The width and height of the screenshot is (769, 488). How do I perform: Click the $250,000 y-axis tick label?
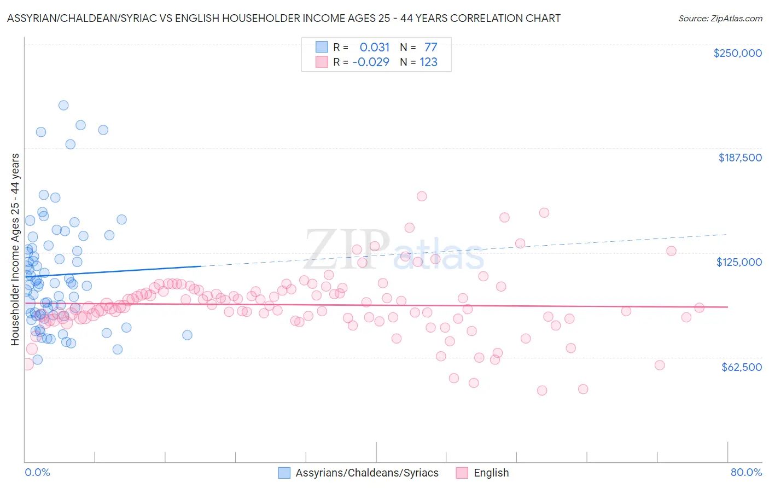pos(737,53)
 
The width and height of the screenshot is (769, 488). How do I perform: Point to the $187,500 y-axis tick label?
pos(739,158)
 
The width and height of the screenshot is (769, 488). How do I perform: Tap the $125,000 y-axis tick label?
pos(739,262)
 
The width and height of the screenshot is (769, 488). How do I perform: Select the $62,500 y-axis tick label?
pos(741,367)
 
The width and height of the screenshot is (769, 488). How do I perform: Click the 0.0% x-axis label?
pos(37,472)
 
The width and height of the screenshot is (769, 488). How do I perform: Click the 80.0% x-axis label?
pos(746,472)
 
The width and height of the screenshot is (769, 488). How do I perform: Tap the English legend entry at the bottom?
pos(491,473)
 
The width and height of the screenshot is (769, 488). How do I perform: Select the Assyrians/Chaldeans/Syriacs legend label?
pos(367,473)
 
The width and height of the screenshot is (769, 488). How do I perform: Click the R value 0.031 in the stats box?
pos(375,47)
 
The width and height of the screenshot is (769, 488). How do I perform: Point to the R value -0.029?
pos(370,62)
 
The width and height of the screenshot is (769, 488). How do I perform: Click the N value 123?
pos(428,62)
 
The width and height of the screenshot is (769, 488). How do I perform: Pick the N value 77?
pos(430,47)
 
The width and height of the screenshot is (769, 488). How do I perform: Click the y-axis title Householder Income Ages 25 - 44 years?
pos(15,249)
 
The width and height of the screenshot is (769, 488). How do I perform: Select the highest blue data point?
pos(63,105)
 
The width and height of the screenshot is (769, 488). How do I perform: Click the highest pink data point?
pos(422,196)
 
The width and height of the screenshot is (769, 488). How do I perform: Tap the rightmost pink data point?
pos(699,307)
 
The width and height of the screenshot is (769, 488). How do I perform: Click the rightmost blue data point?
pos(187,335)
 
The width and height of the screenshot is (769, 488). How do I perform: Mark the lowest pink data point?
pos(542,390)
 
